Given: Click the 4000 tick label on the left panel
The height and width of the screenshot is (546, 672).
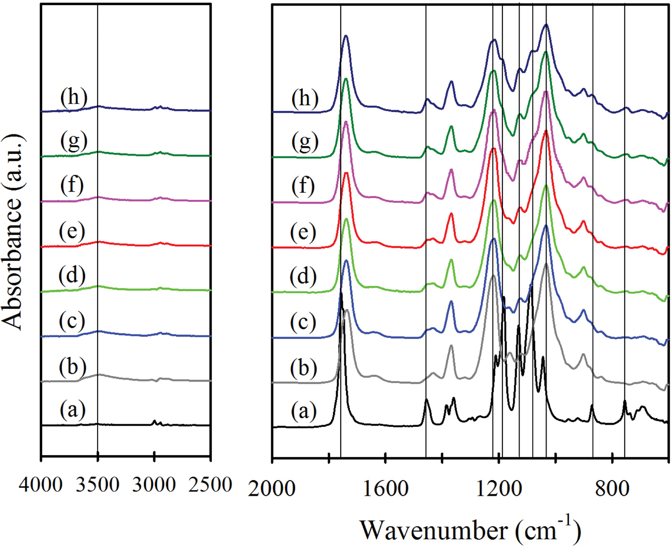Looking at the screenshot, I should tap(41, 485).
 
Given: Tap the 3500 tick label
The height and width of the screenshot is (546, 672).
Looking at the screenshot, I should tap(98, 485).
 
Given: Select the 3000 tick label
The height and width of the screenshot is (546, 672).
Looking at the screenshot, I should tap(154, 485).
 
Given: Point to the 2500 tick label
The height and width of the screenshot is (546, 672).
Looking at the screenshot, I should tap(210, 485).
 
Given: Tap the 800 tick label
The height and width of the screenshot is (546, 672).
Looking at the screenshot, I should tap(612, 489).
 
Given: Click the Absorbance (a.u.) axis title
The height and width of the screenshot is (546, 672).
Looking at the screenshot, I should tap(13, 232).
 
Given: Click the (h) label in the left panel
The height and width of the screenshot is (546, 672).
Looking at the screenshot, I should tap(74, 96).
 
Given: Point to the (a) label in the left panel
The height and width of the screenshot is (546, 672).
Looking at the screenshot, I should tap(72, 409).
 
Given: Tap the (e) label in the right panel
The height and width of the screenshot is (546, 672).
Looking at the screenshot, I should tap(303, 232).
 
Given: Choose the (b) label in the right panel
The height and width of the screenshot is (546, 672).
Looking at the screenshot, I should tap(304, 367).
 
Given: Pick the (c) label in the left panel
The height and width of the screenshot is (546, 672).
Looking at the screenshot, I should tap(72, 321).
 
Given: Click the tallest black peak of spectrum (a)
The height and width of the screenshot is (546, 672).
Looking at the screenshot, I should tap(341, 294).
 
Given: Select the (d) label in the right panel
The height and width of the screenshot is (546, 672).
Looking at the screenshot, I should tap(303, 277).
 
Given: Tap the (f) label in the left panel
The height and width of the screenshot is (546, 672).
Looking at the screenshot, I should tap(72, 185).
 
